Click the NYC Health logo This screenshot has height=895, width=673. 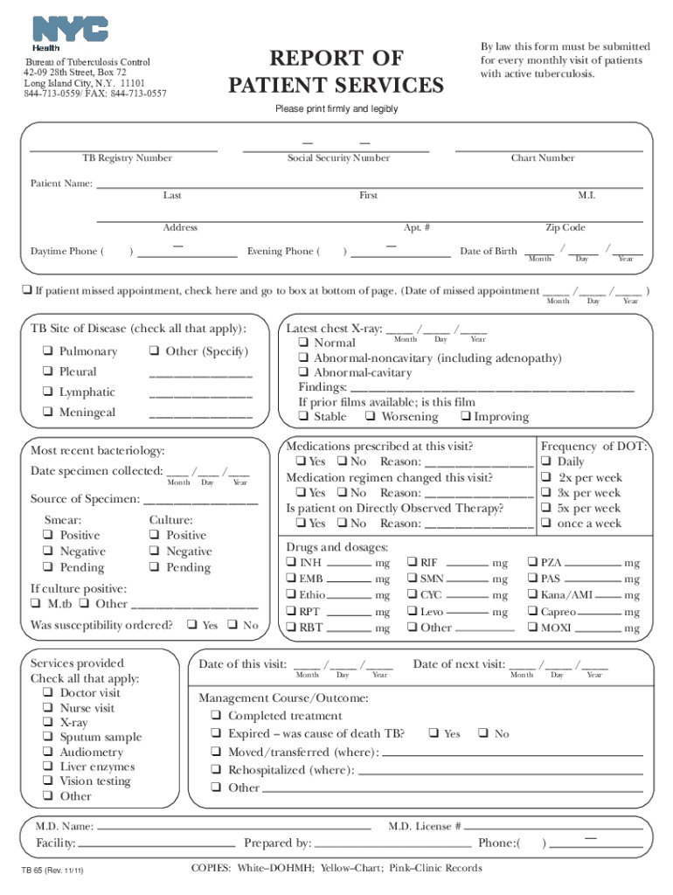click(70, 31)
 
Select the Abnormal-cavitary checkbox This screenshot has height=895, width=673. click(303, 372)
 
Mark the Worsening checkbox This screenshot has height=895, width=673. click(371, 417)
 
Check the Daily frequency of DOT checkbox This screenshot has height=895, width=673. click(545, 461)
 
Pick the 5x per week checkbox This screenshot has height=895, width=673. click(545, 508)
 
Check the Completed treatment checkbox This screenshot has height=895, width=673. click(215, 716)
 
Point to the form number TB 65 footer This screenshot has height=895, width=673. click(52, 871)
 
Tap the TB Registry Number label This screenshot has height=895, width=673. click(127, 158)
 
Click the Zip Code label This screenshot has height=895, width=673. click(565, 227)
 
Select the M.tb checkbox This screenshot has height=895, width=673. click(35, 604)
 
